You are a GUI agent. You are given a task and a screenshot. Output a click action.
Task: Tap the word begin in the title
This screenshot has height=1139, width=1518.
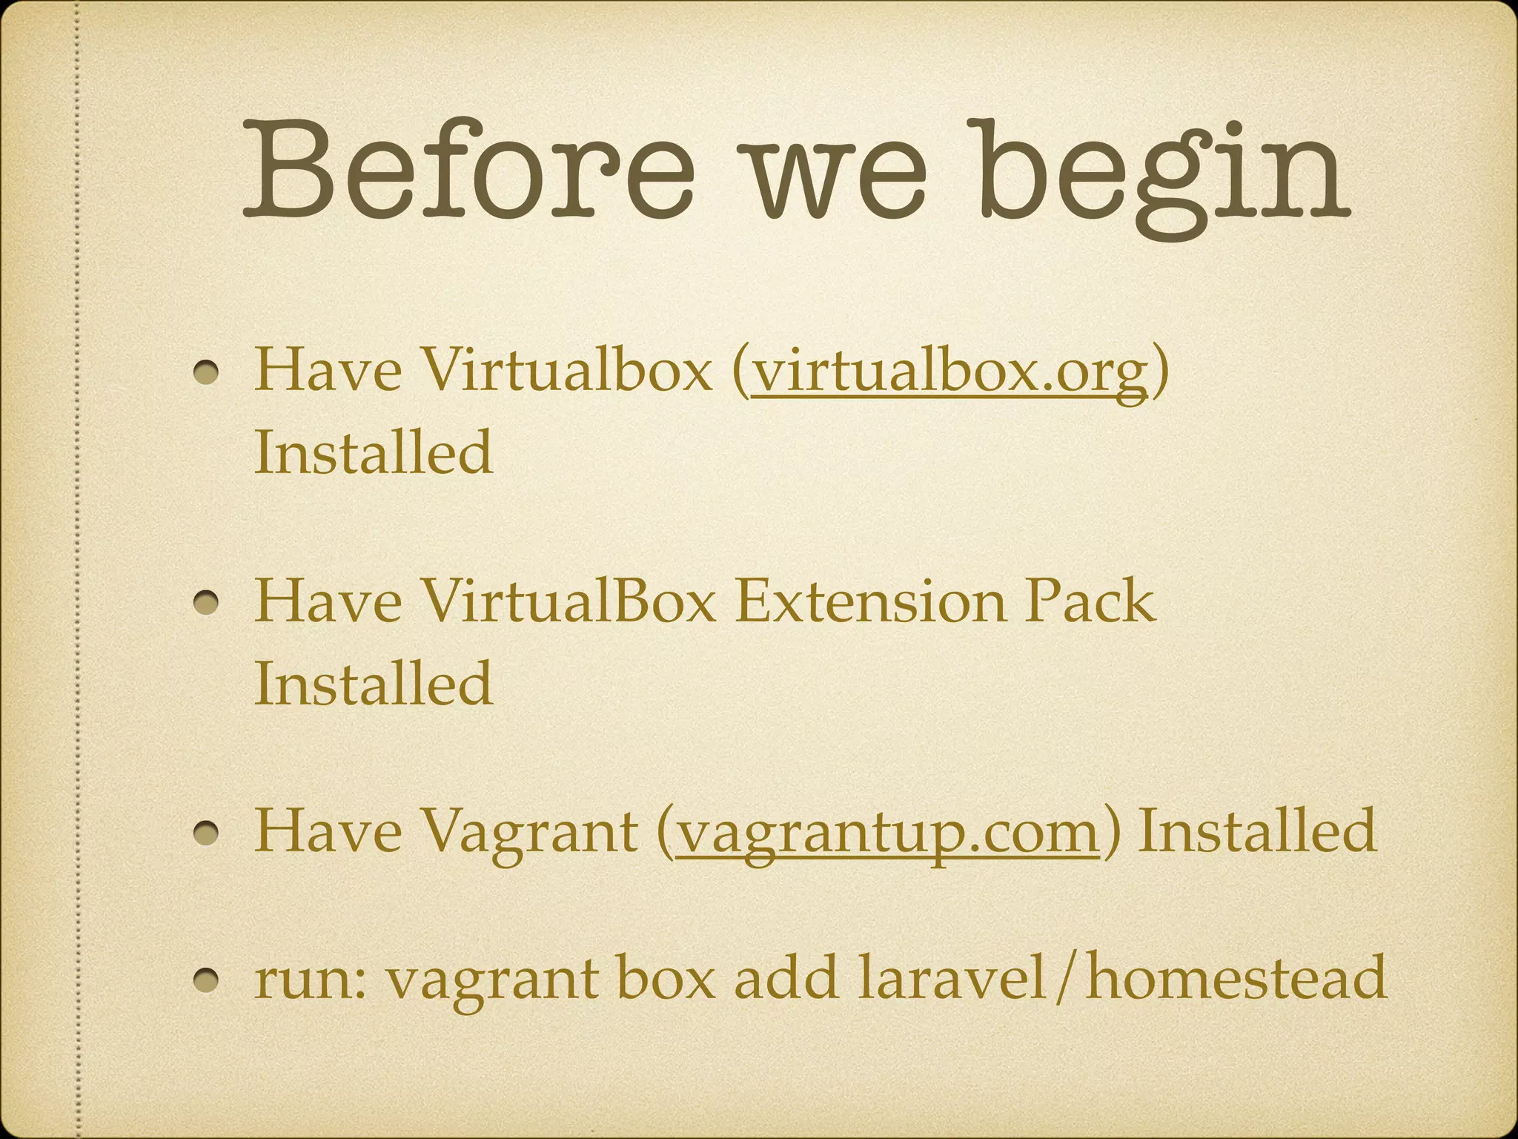tap(1164, 171)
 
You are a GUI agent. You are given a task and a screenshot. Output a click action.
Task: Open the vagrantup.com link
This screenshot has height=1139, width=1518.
tap(886, 831)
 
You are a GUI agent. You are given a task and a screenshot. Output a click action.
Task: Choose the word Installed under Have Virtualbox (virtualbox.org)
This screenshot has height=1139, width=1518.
tap(374, 452)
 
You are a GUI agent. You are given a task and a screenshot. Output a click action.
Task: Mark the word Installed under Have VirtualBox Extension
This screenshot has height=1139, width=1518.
tap(374, 683)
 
